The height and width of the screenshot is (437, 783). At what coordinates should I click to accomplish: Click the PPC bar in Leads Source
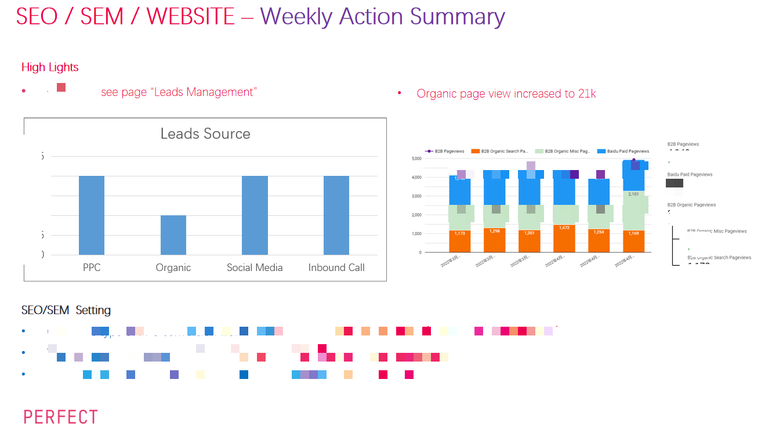pyautogui.click(x=92, y=215)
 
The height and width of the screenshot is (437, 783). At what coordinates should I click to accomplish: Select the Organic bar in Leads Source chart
pyautogui.click(x=173, y=234)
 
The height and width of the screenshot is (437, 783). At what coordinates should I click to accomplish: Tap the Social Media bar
pyautogui.click(x=255, y=215)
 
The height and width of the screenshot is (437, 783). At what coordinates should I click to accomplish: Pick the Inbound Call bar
pyautogui.click(x=336, y=215)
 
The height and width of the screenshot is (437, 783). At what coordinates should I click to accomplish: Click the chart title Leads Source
pyautogui.click(x=205, y=133)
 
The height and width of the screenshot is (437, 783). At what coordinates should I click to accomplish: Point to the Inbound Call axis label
pyautogui.click(x=336, y=268)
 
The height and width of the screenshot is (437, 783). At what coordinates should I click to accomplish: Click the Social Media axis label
pyautogui.click(x=255, y=268)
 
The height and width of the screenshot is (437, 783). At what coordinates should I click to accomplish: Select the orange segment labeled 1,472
pyautogui.click(x=564, y=239)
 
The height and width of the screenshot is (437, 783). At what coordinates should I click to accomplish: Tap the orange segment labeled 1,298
pyautogui.click(x=495, y=240)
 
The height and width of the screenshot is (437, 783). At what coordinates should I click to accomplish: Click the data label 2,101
pyautogui.click(x=633, y=194)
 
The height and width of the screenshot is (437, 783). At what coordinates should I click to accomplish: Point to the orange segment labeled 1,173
pyautogui.click(x=460, y=241)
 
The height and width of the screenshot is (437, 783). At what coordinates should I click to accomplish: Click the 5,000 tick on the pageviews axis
pyautogui.click(x=416, y=158)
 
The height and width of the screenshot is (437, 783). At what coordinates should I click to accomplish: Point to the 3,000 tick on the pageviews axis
pyautogui.click(x=416, y=196)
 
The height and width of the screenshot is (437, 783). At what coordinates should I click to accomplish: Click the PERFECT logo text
pyautogui.click(x=60, y=417)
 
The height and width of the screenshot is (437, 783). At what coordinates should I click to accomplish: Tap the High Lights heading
pyautogui.click(x=50, y=67)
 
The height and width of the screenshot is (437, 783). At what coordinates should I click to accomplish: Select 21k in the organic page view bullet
pyautogui.click(x=587, y=93)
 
